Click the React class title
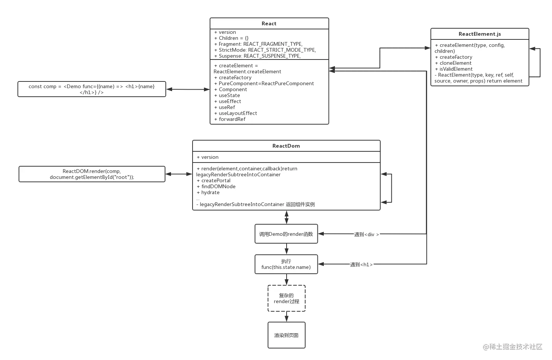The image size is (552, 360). click(x=269, y=23)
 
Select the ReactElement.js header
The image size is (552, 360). click(x=480, y=34)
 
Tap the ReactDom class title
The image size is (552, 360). click(x=286, y=146)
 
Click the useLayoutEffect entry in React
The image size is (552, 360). click(x=238, y=113)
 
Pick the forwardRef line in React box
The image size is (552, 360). click(x=232, y=119)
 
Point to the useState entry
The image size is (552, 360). click(x=229, y=95)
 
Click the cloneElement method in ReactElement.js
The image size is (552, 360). click(x=455, y=63)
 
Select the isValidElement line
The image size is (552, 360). click(x=456, y=69)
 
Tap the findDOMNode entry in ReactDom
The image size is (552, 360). click(x=218, y=186)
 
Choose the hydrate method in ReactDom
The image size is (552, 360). click(x=210, y=192)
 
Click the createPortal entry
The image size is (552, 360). click(x=216, y=180)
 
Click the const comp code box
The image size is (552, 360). click(x=92, y=89)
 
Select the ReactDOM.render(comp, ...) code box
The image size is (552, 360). click(x=92, y=174)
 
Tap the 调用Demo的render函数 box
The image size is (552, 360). click(x=286, y=234)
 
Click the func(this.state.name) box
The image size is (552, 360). click(x=286, y=264)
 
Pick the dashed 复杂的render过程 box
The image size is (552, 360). click(x=287, y=298)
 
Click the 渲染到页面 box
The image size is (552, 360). click(x=287, y=335)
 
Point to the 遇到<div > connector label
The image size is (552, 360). click(x=367, y=234)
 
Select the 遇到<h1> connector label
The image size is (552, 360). click(x=361, y=264)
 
